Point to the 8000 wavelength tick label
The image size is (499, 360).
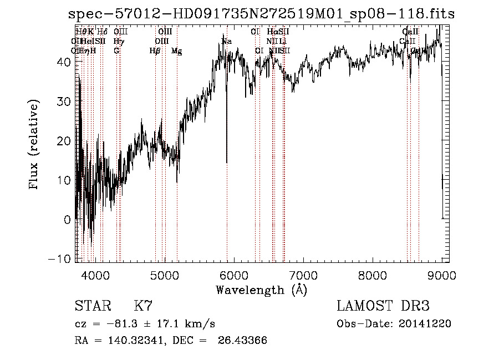pos(372,275)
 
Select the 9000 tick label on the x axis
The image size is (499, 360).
pos(441,275)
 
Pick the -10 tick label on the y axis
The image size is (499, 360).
pos(61,259)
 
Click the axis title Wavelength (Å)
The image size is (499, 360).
pos(261,290)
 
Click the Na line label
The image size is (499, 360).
pos(226,42)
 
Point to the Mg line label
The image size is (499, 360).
pos(176,51)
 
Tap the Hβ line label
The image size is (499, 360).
pos(155,51)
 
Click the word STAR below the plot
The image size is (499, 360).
pos(91,306)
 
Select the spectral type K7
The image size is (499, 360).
pos(143,306)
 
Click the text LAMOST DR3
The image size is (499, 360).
pos(383,306)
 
